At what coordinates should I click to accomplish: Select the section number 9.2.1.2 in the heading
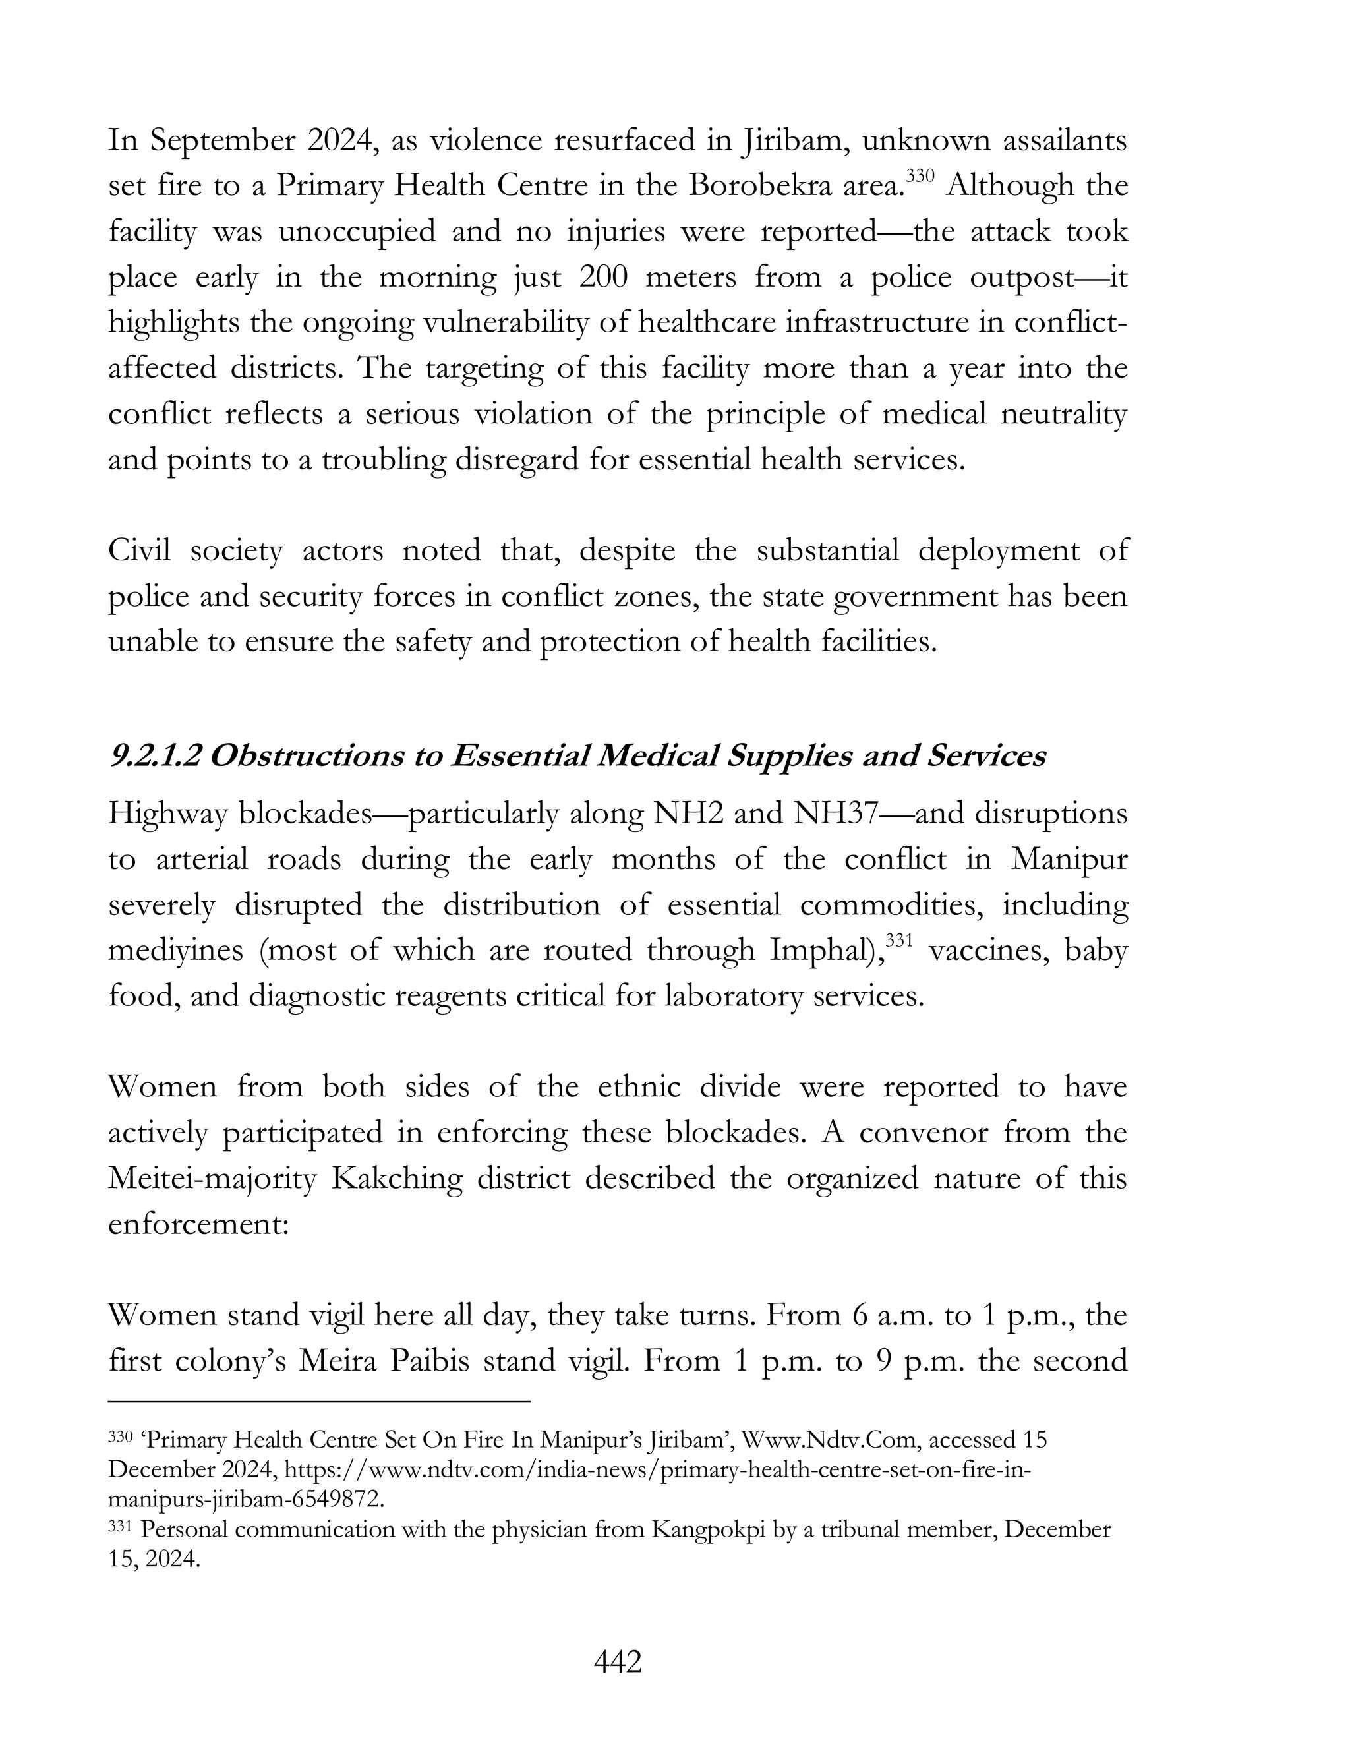pos(155,756)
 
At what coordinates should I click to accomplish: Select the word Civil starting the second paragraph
pos(140,551)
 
